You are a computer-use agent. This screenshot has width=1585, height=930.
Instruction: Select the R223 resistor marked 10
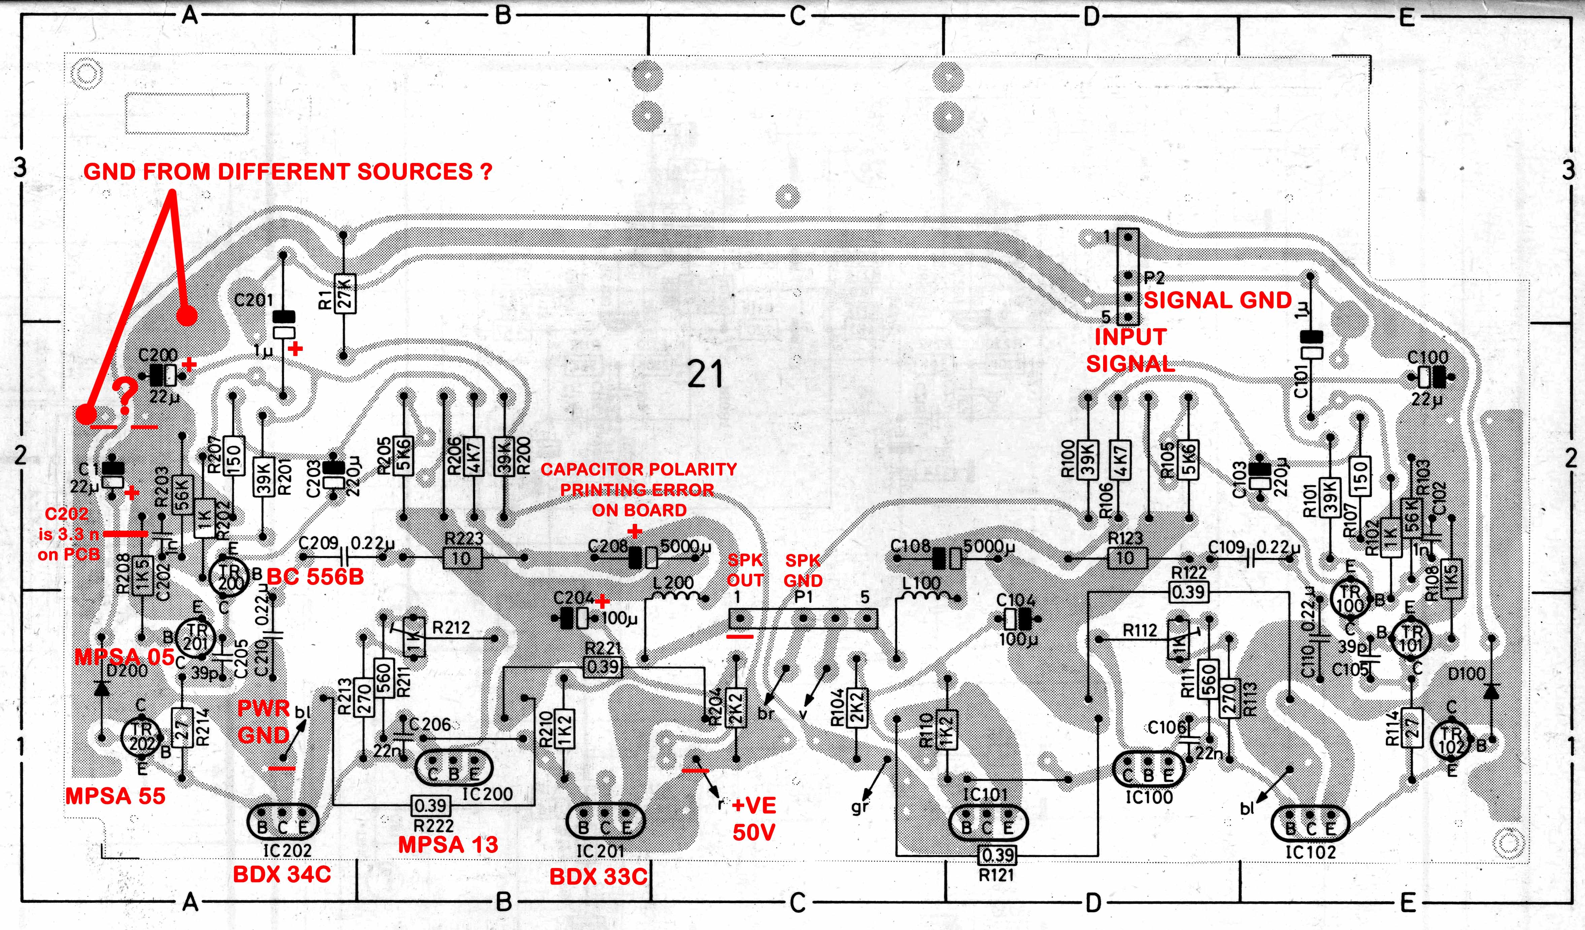[462, 557]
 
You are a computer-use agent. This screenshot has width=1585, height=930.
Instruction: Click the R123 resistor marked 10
[1125, 557]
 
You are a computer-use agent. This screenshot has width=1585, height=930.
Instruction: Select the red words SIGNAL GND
[1217, 301]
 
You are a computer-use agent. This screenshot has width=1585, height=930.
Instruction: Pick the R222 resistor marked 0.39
[431, 805]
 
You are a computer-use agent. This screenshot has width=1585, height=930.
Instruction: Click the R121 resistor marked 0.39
[997, 855]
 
